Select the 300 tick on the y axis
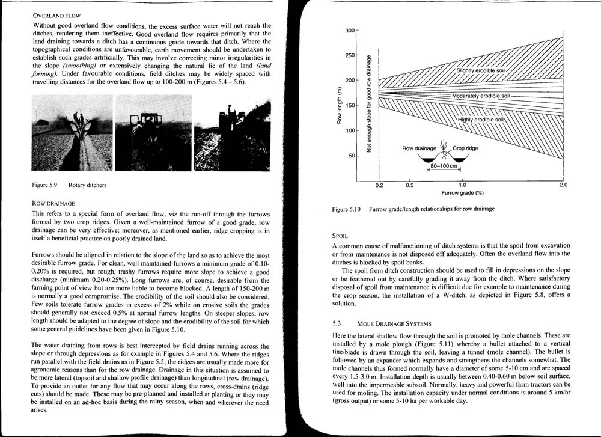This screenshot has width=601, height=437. point(349,31)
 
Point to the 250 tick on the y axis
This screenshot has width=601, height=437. point(349,55)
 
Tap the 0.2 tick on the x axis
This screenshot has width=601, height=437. point(379,185)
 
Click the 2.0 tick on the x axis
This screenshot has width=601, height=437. point(563,185)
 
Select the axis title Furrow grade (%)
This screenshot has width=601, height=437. point(462,194)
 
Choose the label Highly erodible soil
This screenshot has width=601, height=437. point(481,120)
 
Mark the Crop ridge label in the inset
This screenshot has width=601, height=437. point(466,148)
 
